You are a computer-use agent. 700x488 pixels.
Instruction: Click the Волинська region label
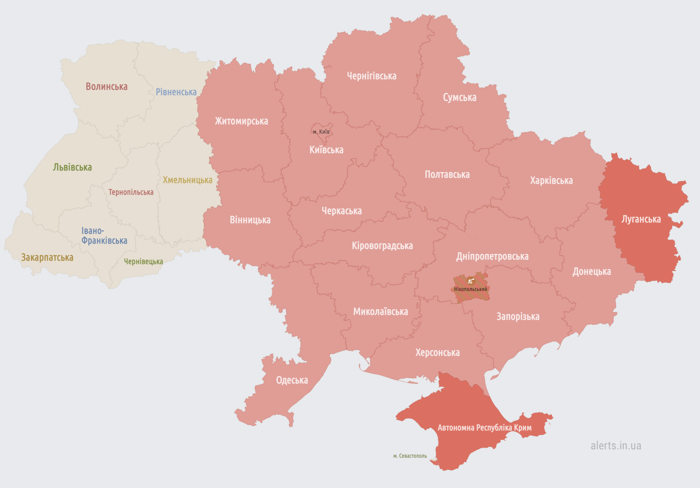coord(106,87)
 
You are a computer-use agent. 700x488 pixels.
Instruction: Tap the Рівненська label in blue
coord(176,92)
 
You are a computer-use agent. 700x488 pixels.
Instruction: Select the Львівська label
coord(72,167)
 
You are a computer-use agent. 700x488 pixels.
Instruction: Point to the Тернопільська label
coord(131,192)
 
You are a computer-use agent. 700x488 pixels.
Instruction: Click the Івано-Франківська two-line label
coord(104,236)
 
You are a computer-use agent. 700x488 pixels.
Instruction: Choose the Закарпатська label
coord(47,258)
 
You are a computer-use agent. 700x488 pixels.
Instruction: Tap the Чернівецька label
coord(144,261)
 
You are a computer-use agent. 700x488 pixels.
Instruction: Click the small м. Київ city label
coord(321,132)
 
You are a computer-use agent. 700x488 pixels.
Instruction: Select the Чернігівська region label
coord(372,76)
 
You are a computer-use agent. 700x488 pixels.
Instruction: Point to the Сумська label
coord(459,97)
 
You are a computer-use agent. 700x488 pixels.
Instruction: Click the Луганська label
coord(641,219)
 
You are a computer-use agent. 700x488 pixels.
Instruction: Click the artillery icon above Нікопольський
coord(471,281)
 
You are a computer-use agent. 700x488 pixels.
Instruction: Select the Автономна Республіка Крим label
coord(484,428)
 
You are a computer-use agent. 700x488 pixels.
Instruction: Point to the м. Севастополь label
coord(410,456)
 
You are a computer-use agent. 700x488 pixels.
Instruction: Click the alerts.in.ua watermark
coord(616,446)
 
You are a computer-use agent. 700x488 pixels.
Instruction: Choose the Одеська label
coord(292,380)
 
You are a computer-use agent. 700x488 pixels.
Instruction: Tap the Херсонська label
coord(437,353)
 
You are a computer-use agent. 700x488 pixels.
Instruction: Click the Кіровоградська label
coord(382,246)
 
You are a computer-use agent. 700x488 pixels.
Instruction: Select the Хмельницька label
coord(187,180)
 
